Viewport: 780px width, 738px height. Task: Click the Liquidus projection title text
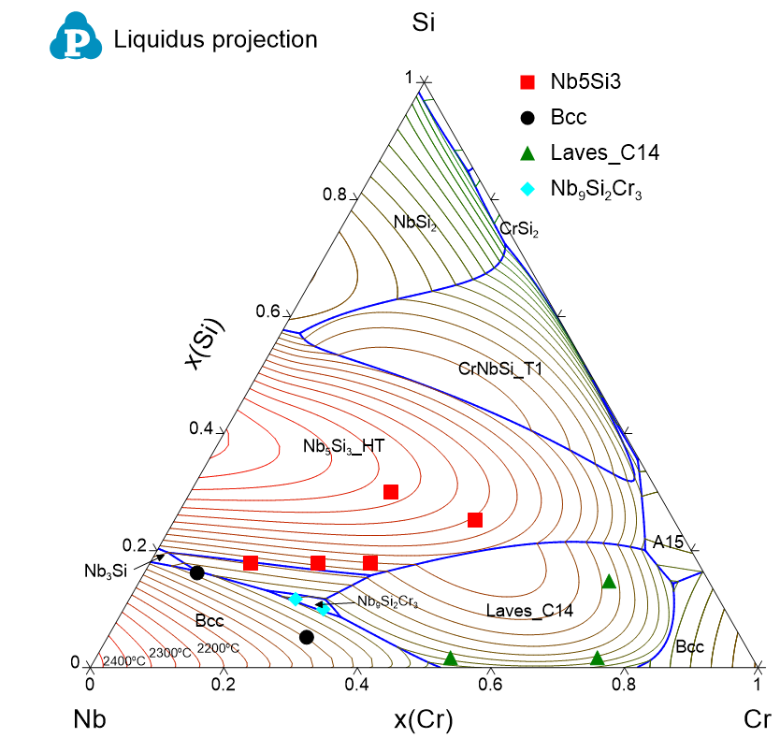215,39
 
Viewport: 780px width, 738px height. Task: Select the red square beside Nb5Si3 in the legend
527,81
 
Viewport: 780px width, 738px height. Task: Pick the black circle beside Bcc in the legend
527,117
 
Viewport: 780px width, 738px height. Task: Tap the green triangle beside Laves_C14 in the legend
527,152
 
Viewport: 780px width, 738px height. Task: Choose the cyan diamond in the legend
527,189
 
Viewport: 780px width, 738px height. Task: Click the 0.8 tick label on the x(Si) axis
335,195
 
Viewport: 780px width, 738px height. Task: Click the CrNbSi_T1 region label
500,369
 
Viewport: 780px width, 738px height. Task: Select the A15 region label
668,542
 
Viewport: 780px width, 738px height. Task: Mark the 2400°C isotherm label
124,661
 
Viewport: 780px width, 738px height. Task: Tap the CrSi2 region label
519,227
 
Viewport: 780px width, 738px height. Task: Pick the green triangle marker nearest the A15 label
609,581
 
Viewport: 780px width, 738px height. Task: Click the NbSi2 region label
415,222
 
